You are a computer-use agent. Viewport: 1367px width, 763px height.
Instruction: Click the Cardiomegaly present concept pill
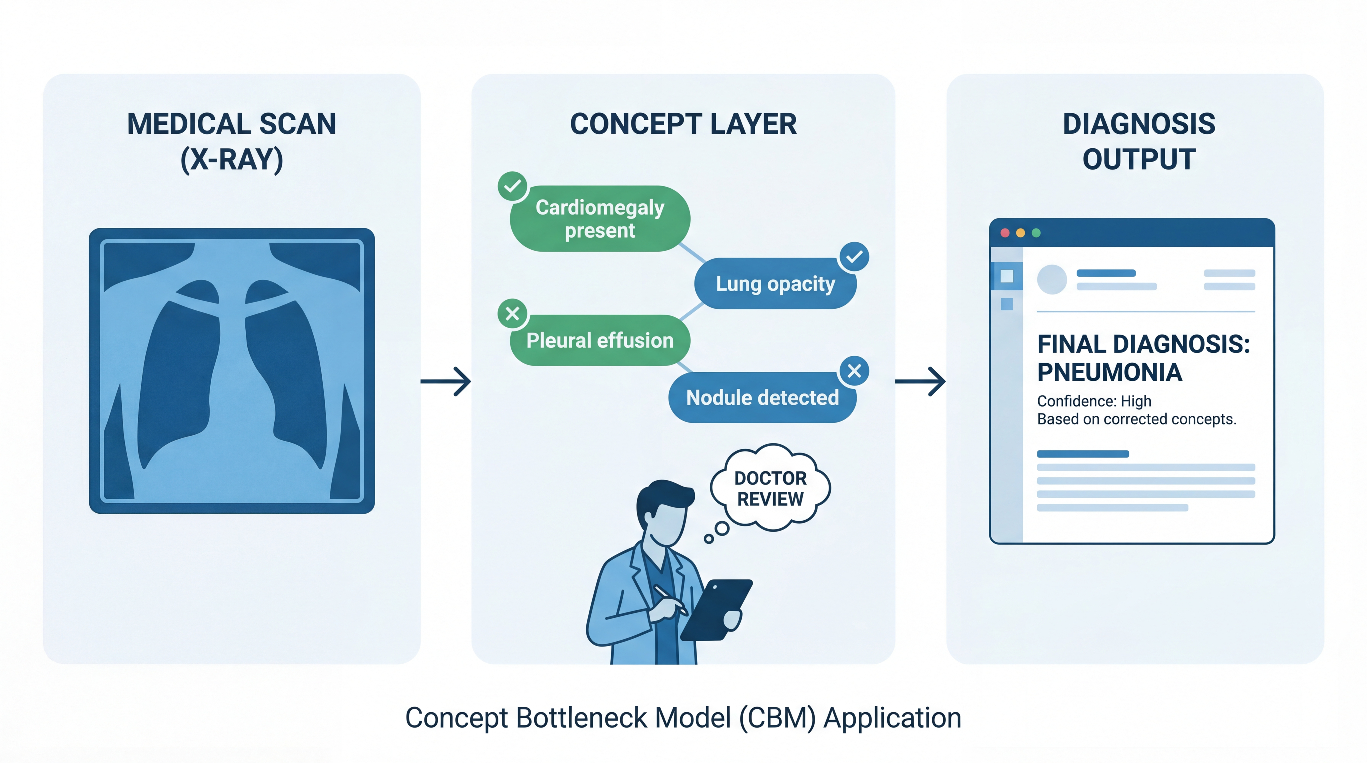click(600, 219)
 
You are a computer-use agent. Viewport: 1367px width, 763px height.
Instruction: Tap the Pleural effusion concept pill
click(600, 340)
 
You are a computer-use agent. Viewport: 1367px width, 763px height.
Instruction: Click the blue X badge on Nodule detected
click(854, 370)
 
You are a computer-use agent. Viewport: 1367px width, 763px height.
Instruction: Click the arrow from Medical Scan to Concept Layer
click(446, 381)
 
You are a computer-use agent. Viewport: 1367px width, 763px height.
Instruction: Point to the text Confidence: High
click(1094, 401)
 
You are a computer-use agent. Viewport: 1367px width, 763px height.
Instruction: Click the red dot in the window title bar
click(1005, 233)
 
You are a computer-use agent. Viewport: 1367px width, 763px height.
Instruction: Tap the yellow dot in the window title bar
click(1020, 233)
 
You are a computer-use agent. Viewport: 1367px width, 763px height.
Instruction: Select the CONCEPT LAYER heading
click(683, 124)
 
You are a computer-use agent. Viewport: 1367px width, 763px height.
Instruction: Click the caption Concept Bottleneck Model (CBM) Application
click(683, 718)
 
